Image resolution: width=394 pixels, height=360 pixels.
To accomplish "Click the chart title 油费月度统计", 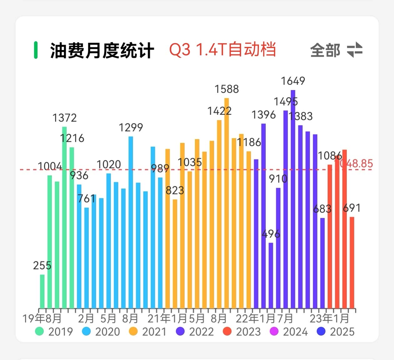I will [102, 51].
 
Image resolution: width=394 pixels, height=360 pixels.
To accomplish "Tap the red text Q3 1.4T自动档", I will [222, 50].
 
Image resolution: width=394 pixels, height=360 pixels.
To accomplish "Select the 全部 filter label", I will [325, 50].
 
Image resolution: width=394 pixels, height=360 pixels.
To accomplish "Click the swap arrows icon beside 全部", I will [355, 50].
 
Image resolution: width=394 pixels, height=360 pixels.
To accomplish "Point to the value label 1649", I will [293, 81].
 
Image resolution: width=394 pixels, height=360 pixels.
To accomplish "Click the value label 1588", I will [226, 89].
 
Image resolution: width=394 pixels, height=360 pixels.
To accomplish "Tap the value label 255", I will [42, 266].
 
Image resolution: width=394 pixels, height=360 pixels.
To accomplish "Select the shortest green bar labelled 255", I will [42, 291].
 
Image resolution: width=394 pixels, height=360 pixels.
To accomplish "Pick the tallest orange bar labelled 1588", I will [227, 203].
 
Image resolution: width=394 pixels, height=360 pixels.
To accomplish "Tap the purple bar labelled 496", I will [271, 275].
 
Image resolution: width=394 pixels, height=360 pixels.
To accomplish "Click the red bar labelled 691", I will [352, 262].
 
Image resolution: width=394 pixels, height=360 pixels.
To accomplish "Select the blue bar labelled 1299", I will [131, 222].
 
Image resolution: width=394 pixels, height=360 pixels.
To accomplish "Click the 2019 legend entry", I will [54, 332].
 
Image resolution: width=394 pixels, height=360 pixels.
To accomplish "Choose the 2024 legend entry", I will [289, 332].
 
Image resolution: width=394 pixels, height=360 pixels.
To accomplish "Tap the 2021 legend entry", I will [148, 332].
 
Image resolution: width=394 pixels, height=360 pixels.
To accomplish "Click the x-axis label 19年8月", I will [42, 318].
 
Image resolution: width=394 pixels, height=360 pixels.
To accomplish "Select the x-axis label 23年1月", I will [329, 318].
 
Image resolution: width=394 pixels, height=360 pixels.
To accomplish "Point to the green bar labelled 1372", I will [64, 217].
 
